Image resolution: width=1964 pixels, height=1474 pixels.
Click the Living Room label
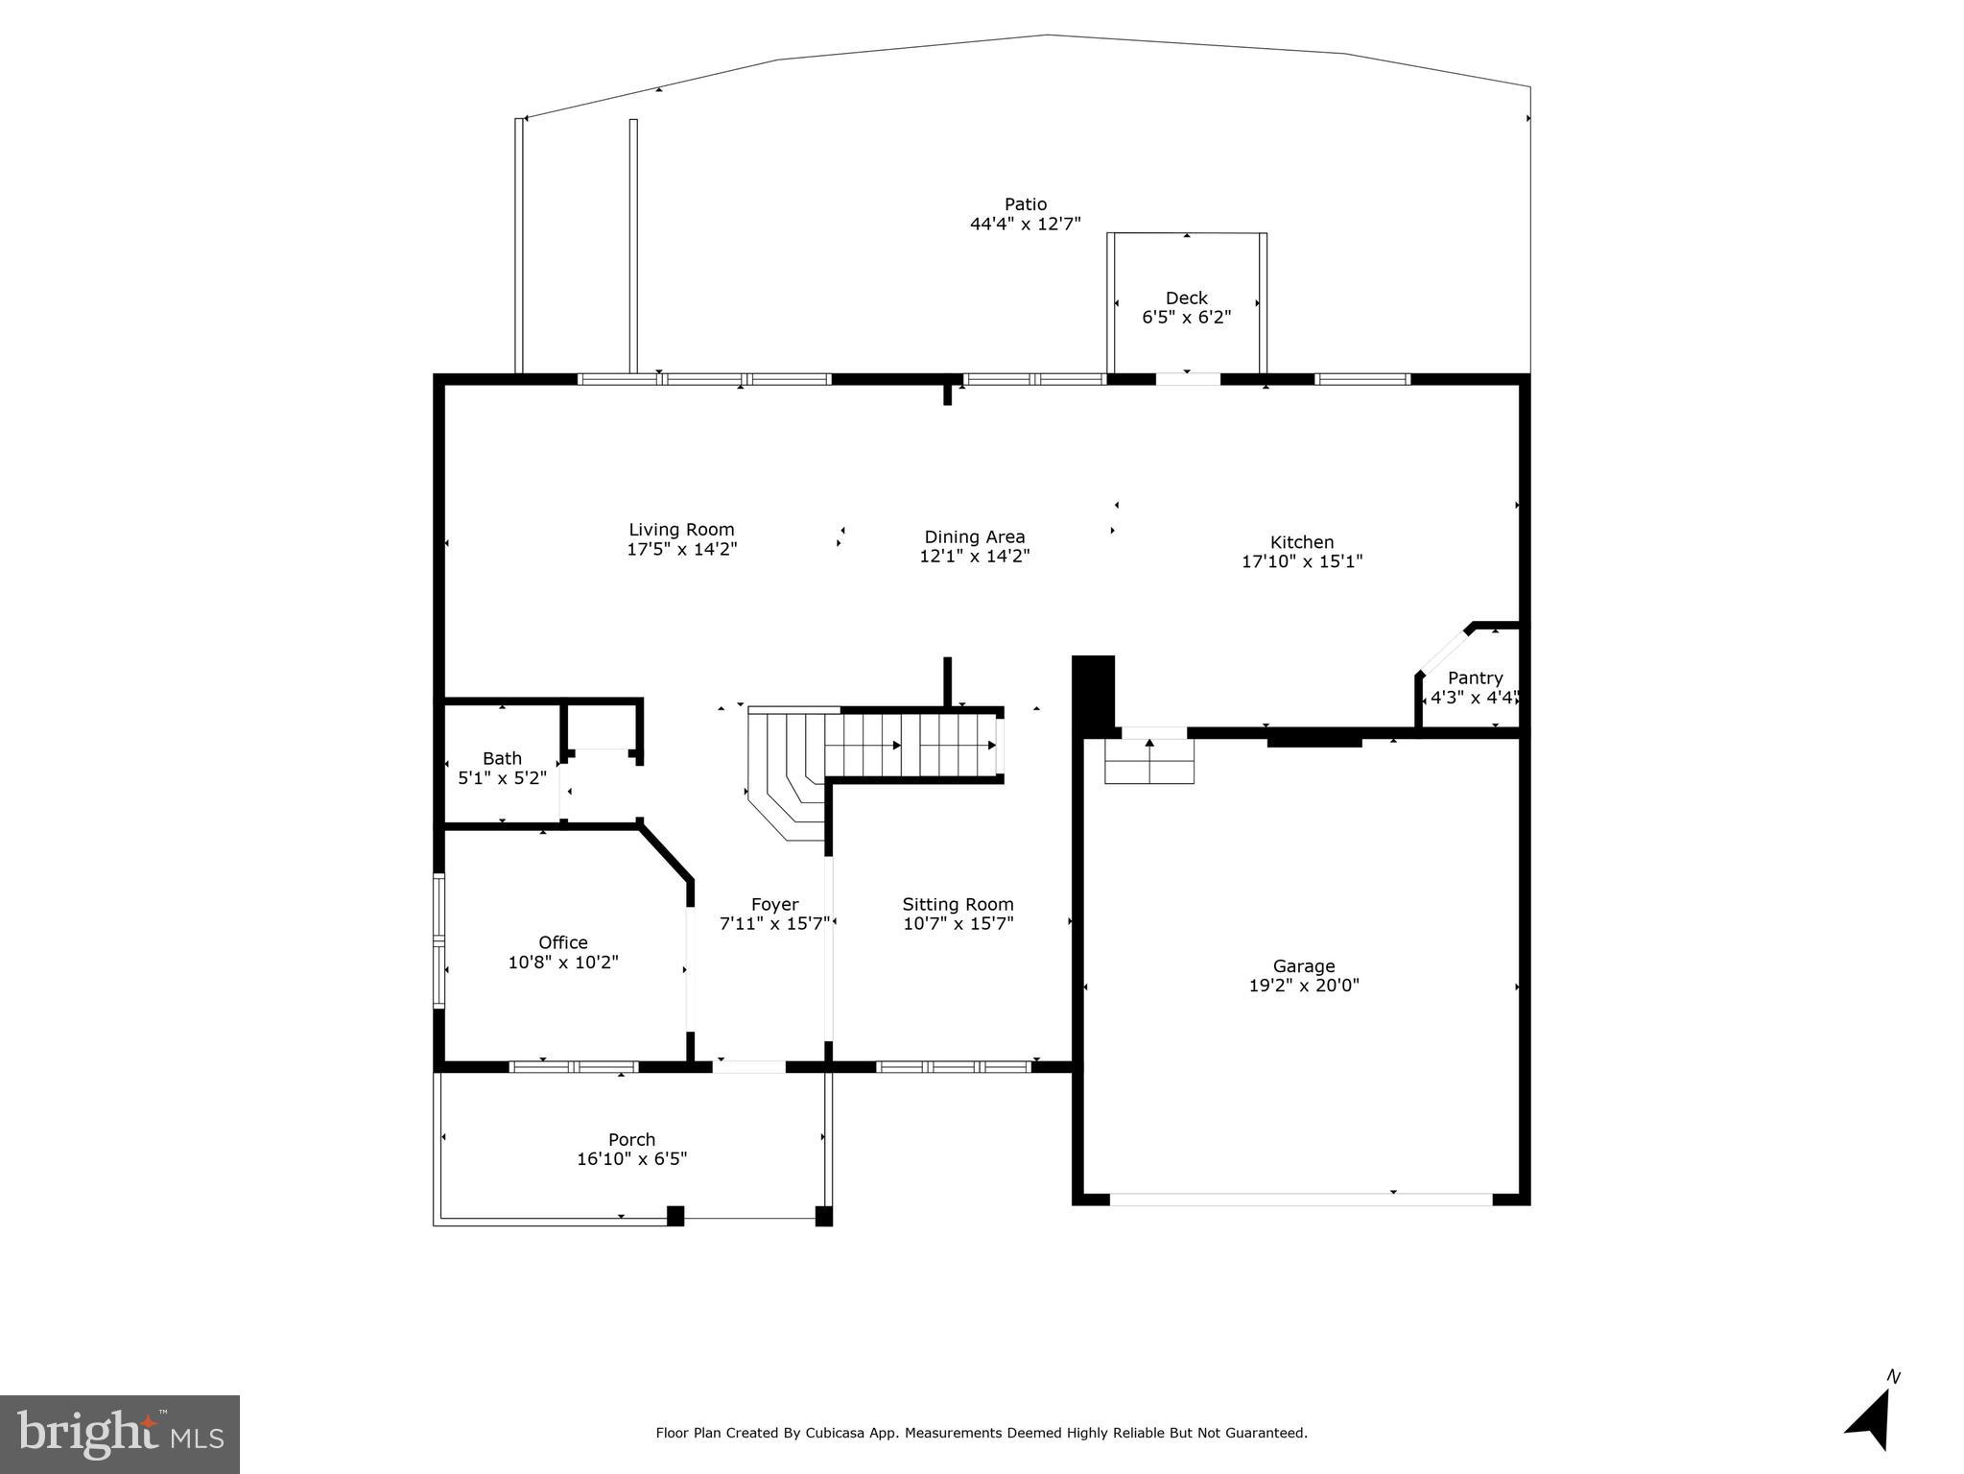pyautogui.click(x=681, y=530)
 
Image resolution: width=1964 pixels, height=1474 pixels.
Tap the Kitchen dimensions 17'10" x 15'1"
pyautogui.click(x=1302, y=561)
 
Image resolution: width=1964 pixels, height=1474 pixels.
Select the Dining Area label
pyautogui.click(x=974, y=537)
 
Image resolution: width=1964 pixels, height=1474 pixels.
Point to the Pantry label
pyautogui.click(x=1475, y=678)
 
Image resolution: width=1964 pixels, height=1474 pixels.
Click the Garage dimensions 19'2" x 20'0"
pyautogui.click(x=1304, y=986)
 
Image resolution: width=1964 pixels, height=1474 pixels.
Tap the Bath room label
pyautogui.click(x=502, y=758)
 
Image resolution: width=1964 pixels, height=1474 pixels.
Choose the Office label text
pyautogui.click(x=562, y=942)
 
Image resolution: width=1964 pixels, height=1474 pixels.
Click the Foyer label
pyautogui.click(x=774, y=904)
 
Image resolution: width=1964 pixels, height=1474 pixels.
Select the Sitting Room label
pyautogui.click(x=958, y=904)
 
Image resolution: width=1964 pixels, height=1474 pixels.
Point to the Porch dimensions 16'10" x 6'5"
pyautogui.click(x=631, y=1159)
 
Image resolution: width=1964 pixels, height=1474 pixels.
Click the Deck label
pyautogui.click(x=1186, y=297)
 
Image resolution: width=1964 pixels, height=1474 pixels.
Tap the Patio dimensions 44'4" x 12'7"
pyautogui.click(x=1025, y=224)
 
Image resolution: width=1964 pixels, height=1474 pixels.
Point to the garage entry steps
pyautogui.click(x=1148, y=762)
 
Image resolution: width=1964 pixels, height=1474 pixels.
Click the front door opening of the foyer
pyautogui.click(x=748, y=1066)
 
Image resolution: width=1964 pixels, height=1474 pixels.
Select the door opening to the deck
pyautogui.click(x=1187, y=379)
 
